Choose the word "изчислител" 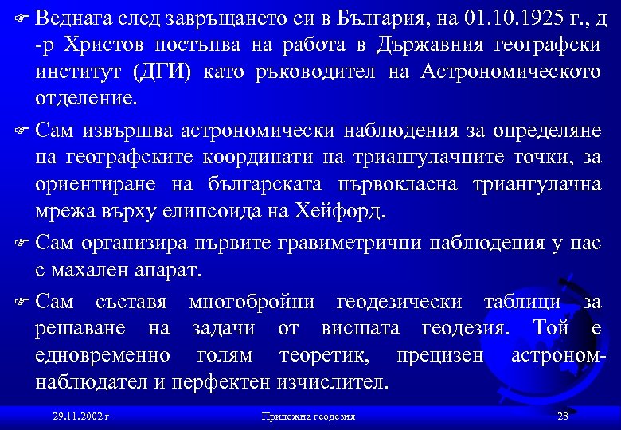(331, 382)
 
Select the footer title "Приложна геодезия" (308, 416)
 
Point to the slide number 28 (563, 416)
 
